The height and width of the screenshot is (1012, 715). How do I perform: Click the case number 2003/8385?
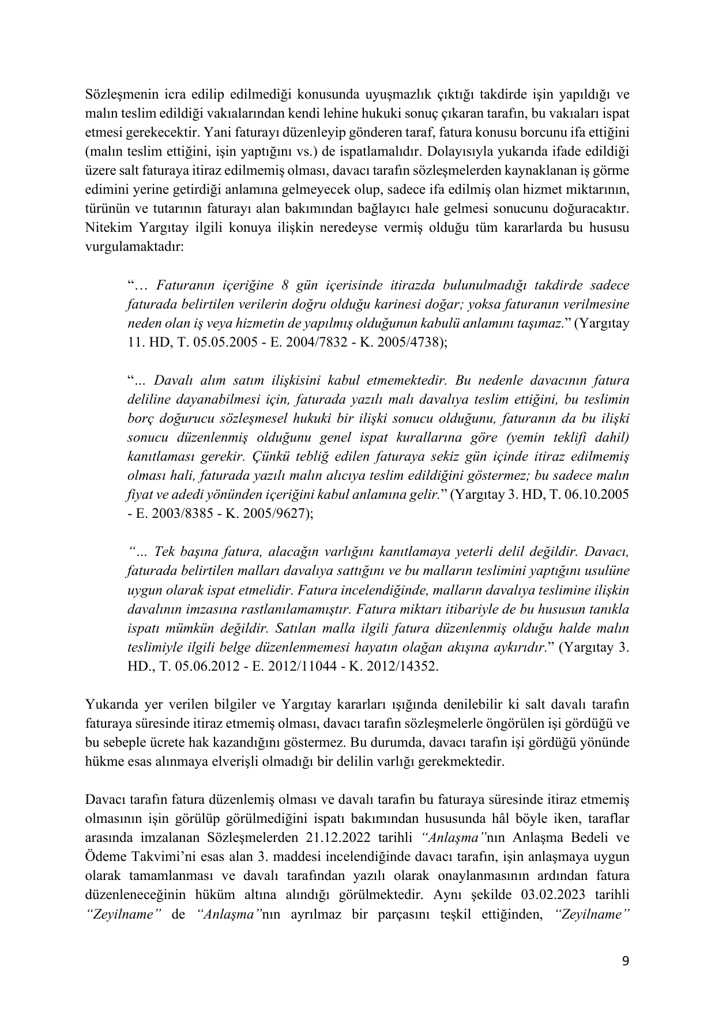click(x=178, y=513)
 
